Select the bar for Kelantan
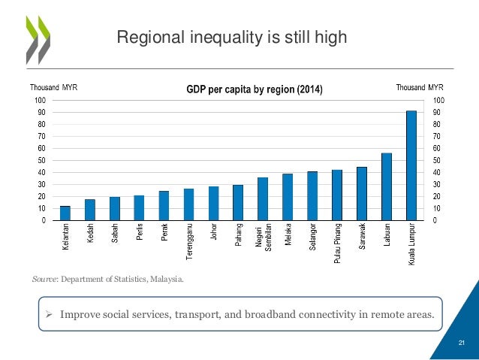65,213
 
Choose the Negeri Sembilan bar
263,198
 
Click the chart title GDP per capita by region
255,90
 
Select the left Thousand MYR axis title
53,87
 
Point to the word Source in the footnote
46,280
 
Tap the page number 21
462,343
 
